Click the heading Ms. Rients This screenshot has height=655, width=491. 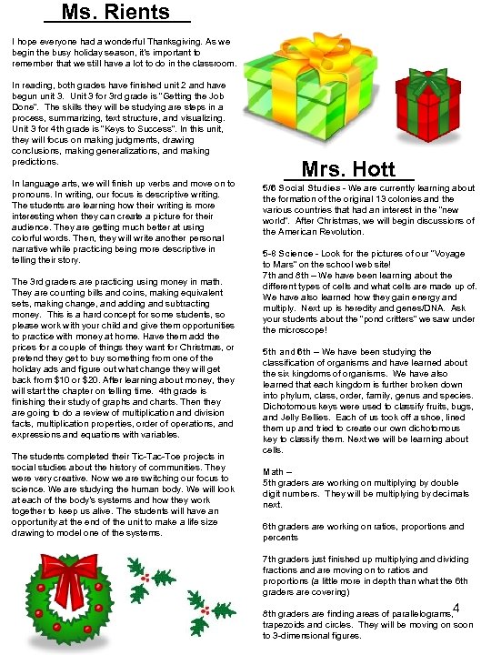point(117,13)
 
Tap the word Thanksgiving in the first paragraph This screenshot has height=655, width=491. point(175,42)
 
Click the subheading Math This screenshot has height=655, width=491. point(275,471)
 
